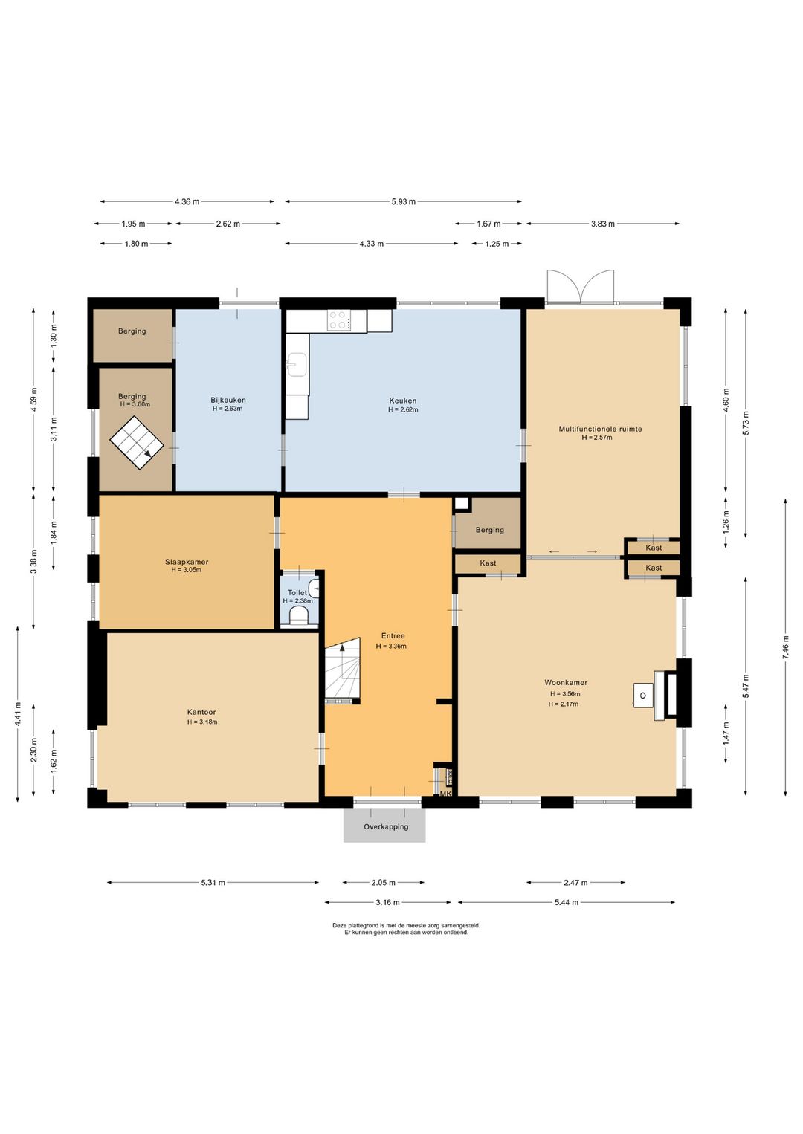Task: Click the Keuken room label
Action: tap(403, 401)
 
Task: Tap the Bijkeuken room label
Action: tap(228, 400)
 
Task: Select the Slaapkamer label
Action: tap(187, 562)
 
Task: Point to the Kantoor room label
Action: tap(201, 713)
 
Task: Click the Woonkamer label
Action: tap(566, 682)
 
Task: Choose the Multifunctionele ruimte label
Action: tap(600, 429)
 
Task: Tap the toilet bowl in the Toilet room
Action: tap(298, 617)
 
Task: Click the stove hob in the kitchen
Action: tap(340, 320)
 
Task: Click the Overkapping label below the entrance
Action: tap(386, 826)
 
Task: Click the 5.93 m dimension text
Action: tap(403, 201)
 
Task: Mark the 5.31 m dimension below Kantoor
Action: tap(213, 882)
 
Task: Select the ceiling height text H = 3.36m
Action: tap(391, 646)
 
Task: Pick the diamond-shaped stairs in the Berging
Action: tap(137, 444)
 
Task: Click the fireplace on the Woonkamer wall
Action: tap(665, 695)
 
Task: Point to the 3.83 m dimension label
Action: tap(602, 223)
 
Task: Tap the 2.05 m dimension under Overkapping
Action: tap(383, 882)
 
